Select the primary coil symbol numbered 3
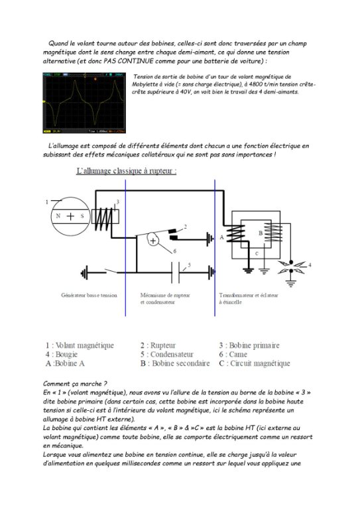[106, 217]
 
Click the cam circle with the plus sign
[154, 241]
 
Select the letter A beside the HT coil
[221, 236]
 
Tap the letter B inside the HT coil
[261, 233]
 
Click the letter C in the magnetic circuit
[257, 253]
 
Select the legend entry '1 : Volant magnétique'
[80, 345]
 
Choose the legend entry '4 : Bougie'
[62, 355]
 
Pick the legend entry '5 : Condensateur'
[167, 355]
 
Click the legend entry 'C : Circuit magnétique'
[255, 364]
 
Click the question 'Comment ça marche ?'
[74, 384]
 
